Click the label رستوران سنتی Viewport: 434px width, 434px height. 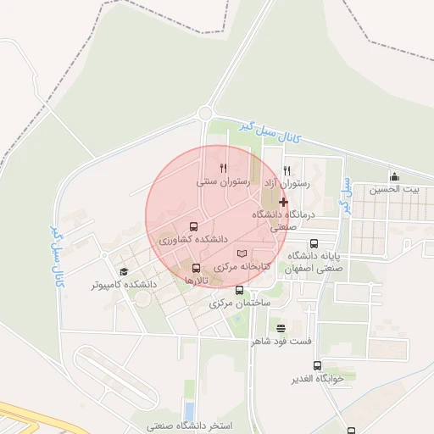[x=221, y=182]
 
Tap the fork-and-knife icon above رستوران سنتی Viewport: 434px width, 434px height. [x=223, y=168]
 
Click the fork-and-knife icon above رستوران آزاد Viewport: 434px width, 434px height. [x=287, y=170]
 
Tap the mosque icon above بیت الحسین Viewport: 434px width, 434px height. [x=394, y=176]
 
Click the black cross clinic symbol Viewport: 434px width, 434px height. [x=283, y=203]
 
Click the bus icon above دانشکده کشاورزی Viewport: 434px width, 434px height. [x=194, y=227]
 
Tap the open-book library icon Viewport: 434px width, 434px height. [x=242, y=253]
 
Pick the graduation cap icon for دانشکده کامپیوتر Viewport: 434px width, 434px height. [x=124, y=271]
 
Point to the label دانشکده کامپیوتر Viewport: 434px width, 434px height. [x=124, y=285]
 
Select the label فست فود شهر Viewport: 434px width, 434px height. [x=281, y=342]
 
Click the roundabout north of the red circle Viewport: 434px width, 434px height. [x=204, y=113]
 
